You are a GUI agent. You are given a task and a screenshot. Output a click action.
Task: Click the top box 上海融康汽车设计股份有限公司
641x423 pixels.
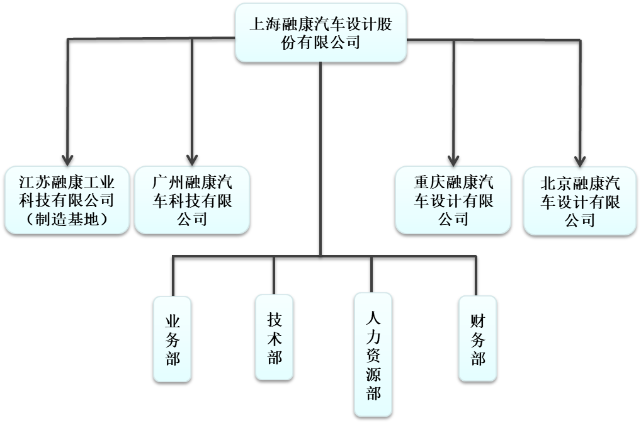point(320,32)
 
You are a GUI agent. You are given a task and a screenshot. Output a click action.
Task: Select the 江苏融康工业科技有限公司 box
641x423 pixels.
point(67,200)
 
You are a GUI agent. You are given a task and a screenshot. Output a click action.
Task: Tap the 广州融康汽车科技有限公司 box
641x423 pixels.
point(192,200)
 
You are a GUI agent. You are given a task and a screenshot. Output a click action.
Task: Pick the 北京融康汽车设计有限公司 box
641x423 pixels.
point(580,200)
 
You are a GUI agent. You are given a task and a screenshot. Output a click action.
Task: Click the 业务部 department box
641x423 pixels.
point(173,339)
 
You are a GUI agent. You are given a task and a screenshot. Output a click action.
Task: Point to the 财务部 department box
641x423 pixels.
point(477,339)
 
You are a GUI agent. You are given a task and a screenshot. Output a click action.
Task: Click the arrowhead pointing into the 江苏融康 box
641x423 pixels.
point(67,158)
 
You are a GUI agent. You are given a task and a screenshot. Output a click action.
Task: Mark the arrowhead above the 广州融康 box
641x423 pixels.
point(192,158)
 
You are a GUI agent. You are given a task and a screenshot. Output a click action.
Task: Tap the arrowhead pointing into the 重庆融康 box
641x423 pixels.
point(453,159)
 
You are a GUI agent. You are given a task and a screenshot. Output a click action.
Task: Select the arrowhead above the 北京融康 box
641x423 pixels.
point(580,159)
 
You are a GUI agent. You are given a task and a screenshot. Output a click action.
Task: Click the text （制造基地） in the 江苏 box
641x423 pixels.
point(67,219)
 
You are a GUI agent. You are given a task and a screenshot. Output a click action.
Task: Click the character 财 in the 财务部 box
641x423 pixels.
point(477,321)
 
